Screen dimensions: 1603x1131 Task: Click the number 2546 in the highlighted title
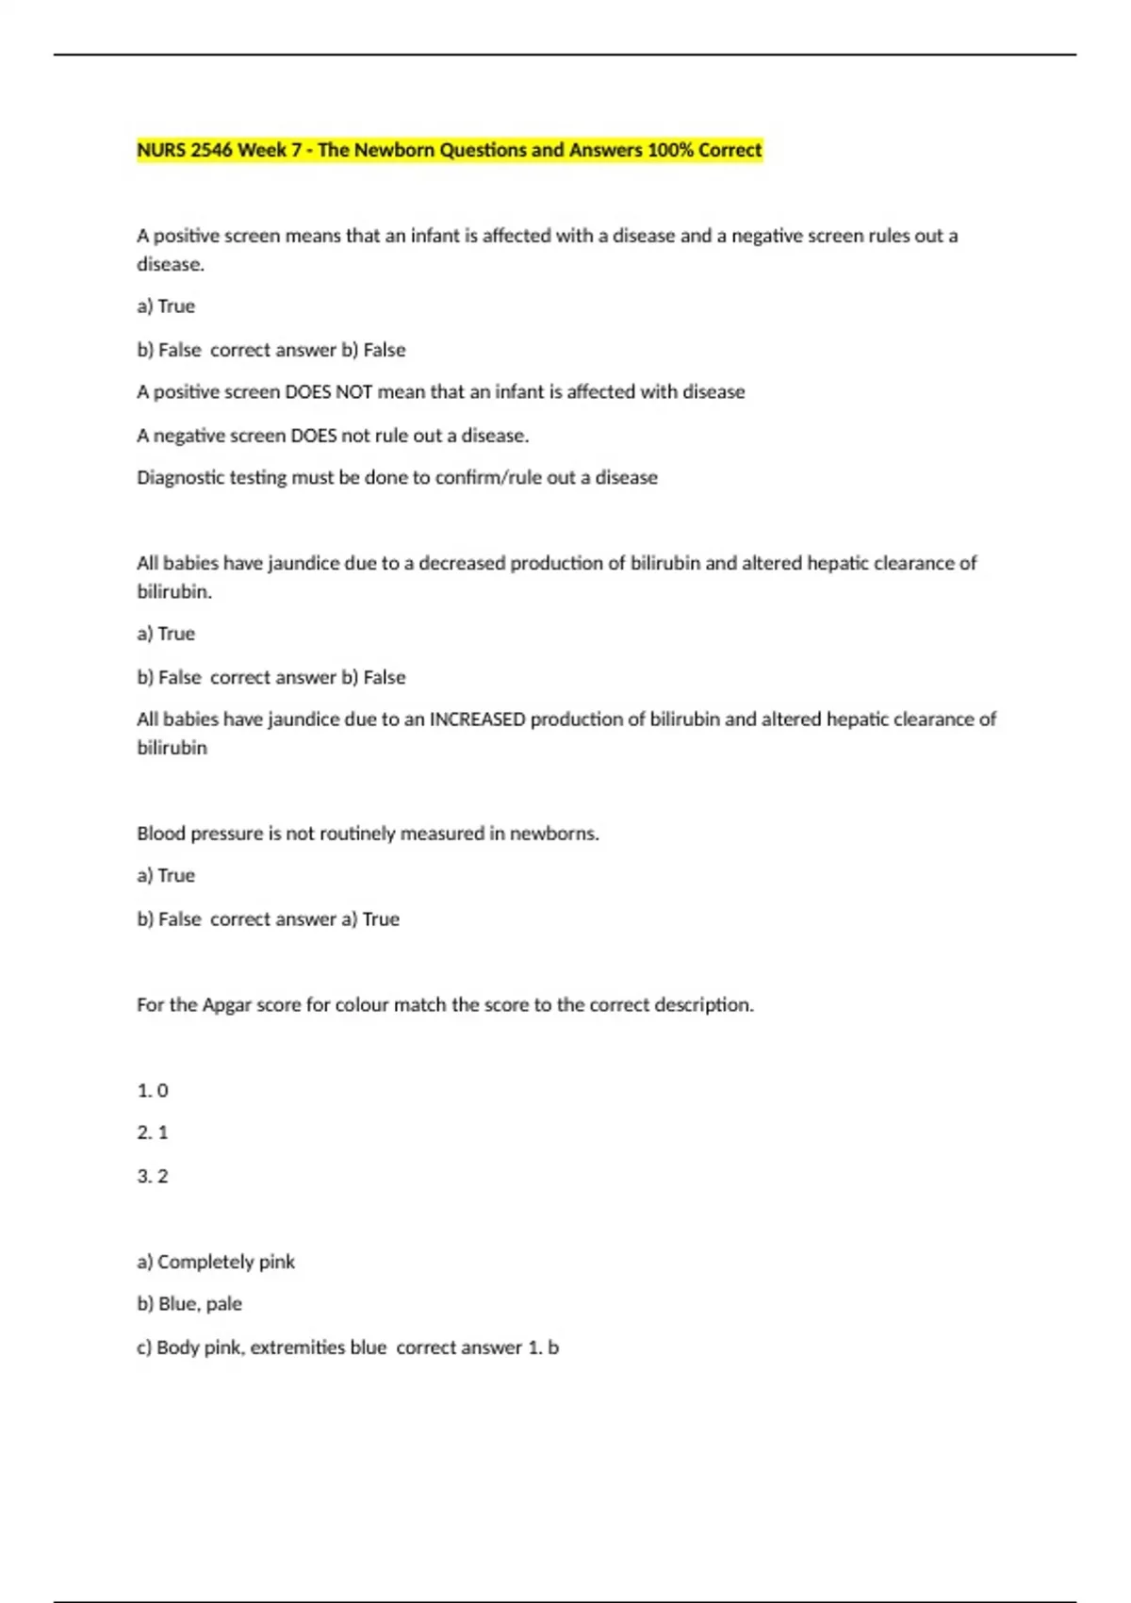(x=212, y=150)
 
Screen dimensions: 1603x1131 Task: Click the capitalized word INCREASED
(x=477, y=719)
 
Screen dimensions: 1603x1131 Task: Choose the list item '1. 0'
(x=153, y=1091)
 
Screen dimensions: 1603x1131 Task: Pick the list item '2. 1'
(x=153, y=1132)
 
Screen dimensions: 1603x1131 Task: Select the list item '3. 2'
(x=153, y=1177)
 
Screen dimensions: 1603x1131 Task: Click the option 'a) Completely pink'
(x=216, y=1262)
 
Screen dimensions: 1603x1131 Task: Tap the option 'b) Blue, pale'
(x=189, y=1304)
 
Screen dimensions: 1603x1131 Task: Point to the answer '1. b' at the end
(x=544, y=1348)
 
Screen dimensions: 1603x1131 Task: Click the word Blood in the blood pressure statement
(x=160, y=834)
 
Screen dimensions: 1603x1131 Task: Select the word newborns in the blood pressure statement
(x=554, y=834)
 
